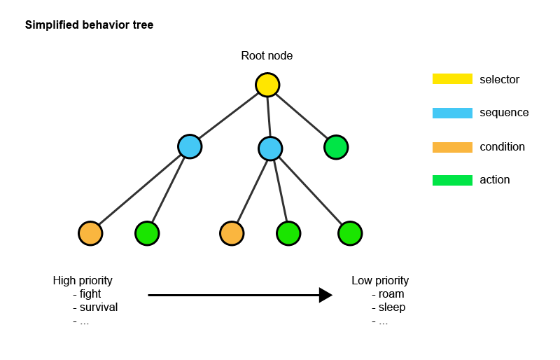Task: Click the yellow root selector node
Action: pos(267,85)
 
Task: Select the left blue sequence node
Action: pos(190,146)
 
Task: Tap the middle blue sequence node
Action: pos(270,148)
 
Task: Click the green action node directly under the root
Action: pos(336,147)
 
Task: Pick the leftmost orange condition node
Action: pos(90,233)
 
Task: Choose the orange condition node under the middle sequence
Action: pos(232,233)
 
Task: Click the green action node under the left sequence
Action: pos(147,233)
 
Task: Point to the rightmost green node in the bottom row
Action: pos(350,233)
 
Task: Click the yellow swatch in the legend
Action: pos(452,79)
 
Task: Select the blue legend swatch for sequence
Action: pos(452,113)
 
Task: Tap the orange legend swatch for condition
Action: pos(452,147)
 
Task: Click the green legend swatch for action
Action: pos(452,180)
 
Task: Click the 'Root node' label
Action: pos(267,56)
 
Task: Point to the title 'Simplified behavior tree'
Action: pos(89,25)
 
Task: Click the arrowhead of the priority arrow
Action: pos(325,295)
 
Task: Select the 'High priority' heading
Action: pos(83,281)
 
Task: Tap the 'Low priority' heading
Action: pos(380,281)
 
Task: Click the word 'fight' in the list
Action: pos(90,294)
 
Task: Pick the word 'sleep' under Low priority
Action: pos(392,307)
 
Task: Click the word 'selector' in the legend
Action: pos(499,80)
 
